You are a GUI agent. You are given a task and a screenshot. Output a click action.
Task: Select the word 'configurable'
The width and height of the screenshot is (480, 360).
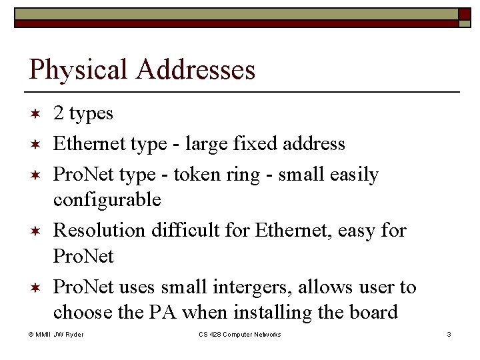[x=107, y=199]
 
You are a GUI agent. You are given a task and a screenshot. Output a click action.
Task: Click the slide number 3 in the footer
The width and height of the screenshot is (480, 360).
[x=449, y=334]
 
